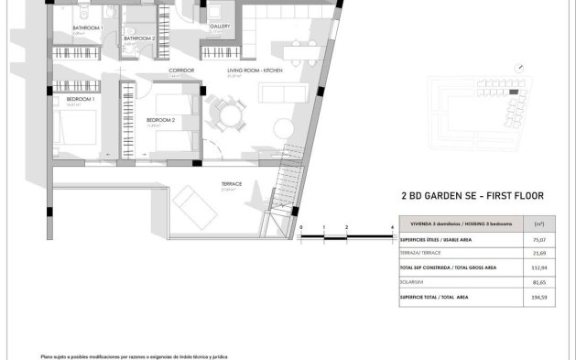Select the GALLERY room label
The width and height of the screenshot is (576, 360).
click(219, 27)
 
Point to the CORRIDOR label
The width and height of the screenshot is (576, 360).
click(180, 70)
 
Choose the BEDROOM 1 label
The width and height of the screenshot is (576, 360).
click(82, 98)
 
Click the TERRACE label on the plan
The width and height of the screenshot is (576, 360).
click(232, 184)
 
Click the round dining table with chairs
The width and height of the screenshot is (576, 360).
click(225, 115)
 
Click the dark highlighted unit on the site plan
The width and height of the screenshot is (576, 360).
click(514, 92)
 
